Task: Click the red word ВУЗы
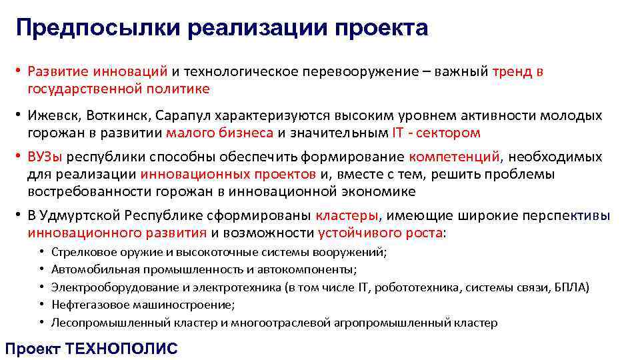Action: click(45, 157)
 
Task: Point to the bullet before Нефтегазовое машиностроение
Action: click(42, 305)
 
